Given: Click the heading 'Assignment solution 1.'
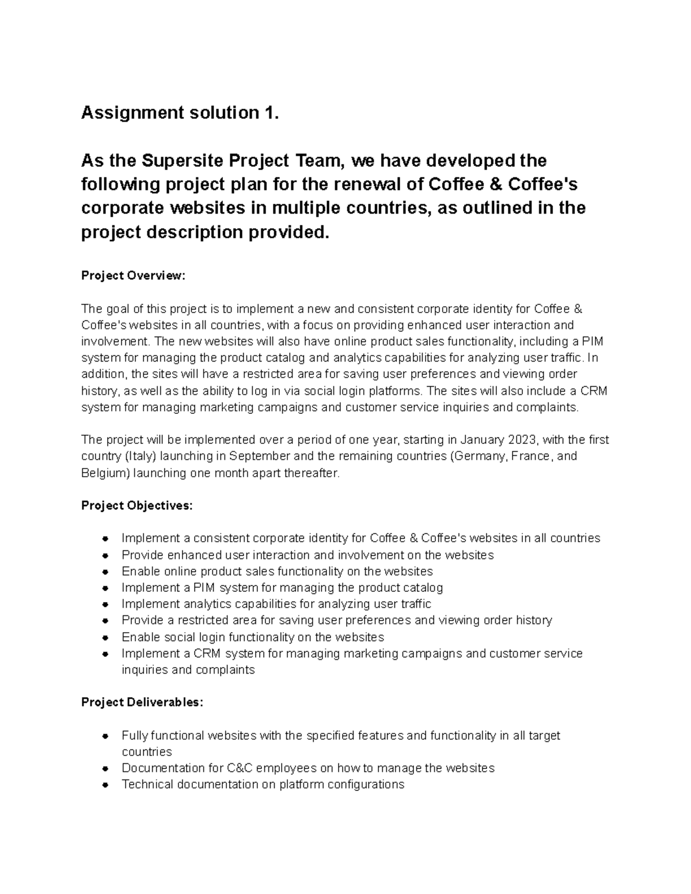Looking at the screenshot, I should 180,113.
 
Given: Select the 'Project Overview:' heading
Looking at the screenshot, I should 133,276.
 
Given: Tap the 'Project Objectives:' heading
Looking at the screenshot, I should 137,505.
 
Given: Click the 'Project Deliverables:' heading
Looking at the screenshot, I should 142,702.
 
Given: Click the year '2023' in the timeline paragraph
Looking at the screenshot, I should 522,440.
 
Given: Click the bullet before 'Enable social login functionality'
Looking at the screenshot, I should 105,638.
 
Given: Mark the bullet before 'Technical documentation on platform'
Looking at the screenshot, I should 105,785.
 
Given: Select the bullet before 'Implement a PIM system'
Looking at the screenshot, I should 105,588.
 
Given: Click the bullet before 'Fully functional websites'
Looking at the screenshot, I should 105,736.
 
